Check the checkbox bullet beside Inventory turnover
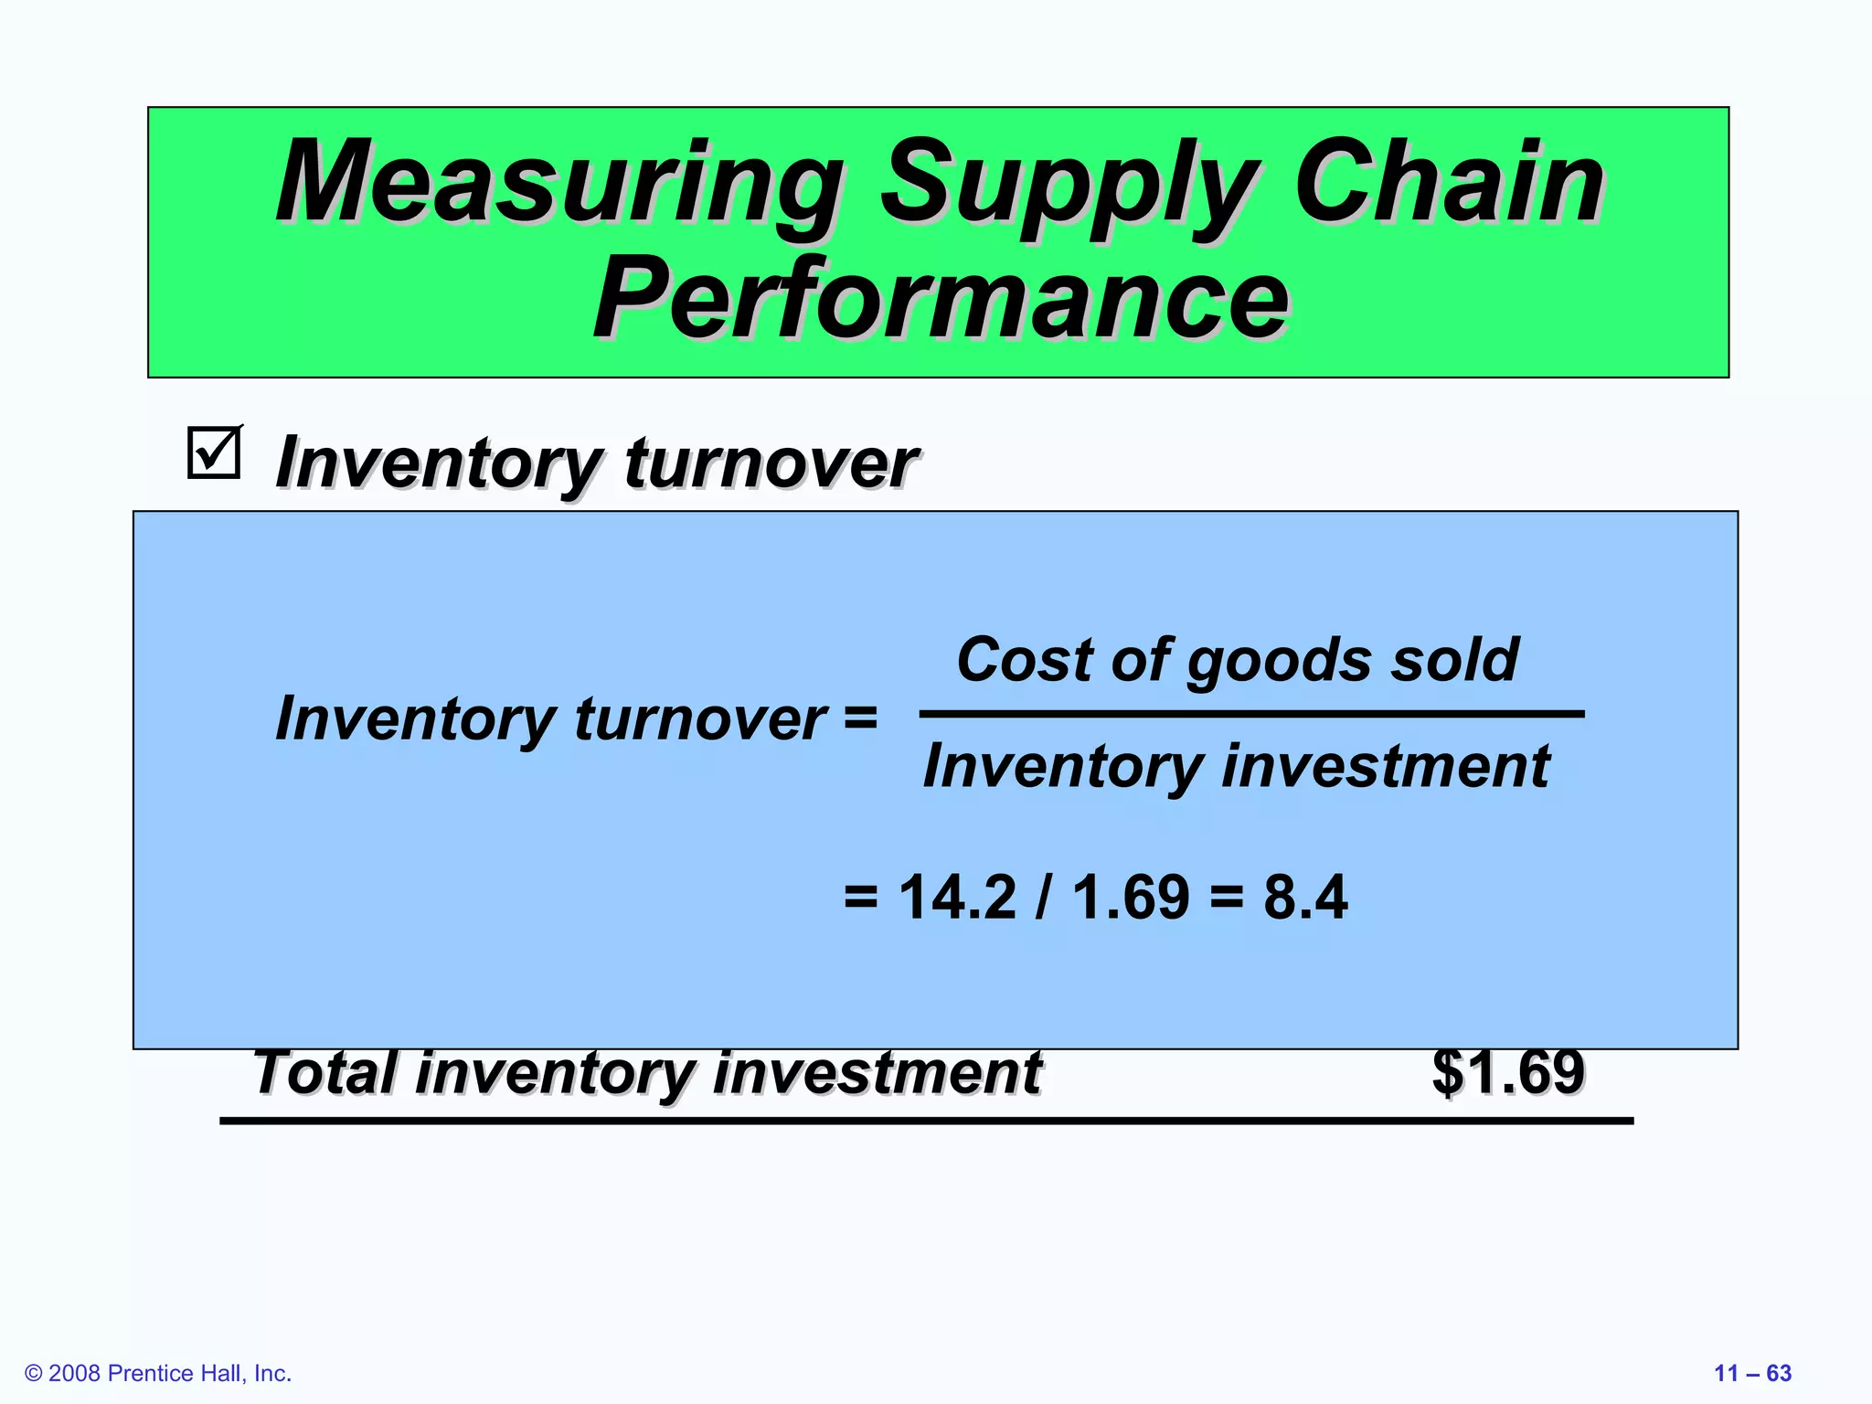click(214, 452)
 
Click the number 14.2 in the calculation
click(957, 897)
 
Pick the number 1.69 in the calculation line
click(1131, 897)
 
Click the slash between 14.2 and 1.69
click(1043, 897)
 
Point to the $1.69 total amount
click(1508, 1072)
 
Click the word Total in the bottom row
click(325, 1072)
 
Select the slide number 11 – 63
click(1752, 1373)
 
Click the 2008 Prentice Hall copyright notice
click(158, 1373)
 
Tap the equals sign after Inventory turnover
click(859, 718)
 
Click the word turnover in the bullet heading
click(770, 463)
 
